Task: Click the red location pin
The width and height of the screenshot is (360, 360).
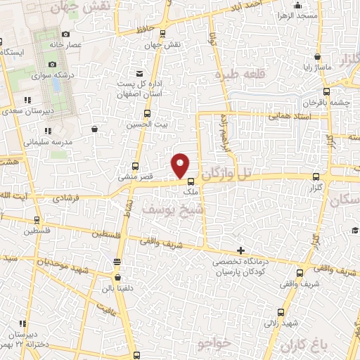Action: (181, 165)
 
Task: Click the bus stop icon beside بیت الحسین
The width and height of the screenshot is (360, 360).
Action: (147, 113)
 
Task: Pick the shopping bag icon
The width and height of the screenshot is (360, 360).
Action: (95, 129)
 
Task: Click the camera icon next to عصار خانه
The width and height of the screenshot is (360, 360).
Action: (65, 34)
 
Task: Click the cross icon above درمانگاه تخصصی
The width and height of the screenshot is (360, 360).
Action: (241, 250)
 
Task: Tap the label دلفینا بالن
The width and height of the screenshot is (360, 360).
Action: (115, 287)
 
